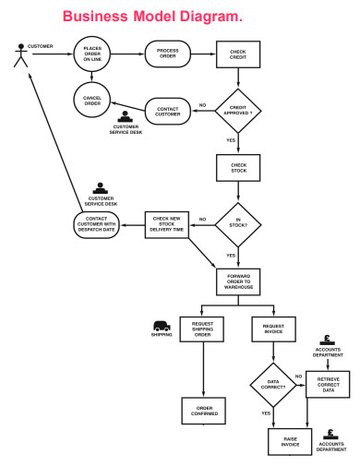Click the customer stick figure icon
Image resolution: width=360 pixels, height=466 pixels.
click(18, 55)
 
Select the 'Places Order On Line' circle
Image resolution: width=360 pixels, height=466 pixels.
click(92, 55)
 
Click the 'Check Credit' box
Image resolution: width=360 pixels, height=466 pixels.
click(238, 55)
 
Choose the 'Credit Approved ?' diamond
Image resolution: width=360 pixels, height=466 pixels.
click(238, 112)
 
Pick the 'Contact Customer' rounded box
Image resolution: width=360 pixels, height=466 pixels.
click(167, 112)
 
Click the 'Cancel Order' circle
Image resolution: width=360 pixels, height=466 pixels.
click(92, 101)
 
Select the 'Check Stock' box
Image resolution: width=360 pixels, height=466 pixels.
click(238, 169)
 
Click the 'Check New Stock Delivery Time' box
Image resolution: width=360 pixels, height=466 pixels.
click(167, 224)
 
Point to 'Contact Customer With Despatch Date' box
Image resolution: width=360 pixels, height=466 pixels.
click(96, 224)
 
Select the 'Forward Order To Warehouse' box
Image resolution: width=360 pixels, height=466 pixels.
click(238, 281)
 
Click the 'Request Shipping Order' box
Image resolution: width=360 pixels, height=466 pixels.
click(202, 329)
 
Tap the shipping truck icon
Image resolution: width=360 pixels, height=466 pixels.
click(162, 326)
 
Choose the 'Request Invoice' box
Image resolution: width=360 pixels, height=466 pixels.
click(273, 329)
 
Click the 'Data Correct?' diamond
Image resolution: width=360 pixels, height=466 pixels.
click(273, 382)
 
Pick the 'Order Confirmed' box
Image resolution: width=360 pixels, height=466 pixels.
click(202, 412)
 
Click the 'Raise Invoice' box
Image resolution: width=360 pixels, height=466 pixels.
click(290, 441)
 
